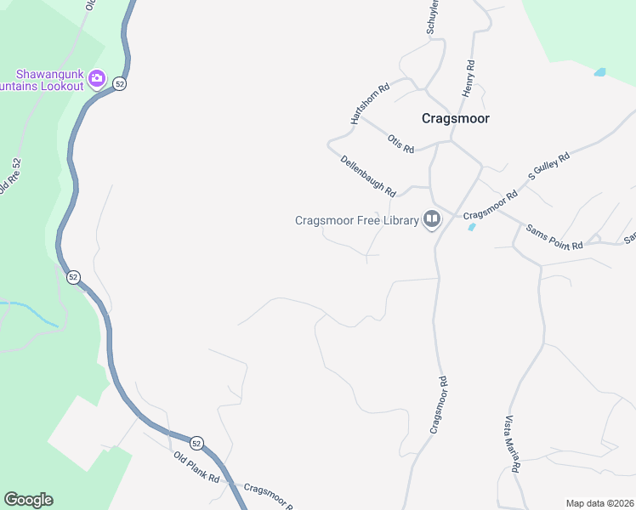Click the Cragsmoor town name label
click(x=456, y=119)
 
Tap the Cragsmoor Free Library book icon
click(x=432, y=220)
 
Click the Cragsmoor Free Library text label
click(x=357, y=220)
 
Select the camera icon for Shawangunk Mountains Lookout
click(x=96, y=80)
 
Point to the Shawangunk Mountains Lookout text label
click(x=43, y=80)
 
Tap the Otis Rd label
click(x=400, y=144)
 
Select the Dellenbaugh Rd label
click(x=369, y=176)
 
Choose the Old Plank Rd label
click(x=196, y=468)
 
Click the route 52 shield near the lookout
click(x=120, y=83)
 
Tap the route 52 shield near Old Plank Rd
click(x=196, y=443)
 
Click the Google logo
click(x=28, y=500)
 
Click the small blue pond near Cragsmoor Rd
click(x=471, y=227)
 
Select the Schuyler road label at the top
click(x=432, y=17)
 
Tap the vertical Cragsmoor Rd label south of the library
click(x=439, y=405)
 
